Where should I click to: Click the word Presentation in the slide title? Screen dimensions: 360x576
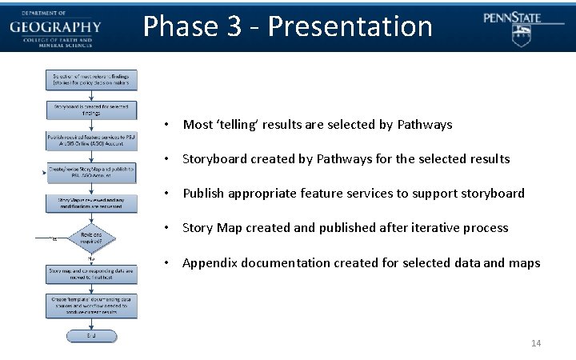click(x=350, y=26)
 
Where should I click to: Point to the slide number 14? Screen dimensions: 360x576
click(x=536, y=343)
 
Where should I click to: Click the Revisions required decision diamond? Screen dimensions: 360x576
click(x=90, y=236)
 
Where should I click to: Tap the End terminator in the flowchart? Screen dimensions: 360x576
click(x=90, y=337)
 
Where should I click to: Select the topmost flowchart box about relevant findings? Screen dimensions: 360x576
click(x=90, y=79)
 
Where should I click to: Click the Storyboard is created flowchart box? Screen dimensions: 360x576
click(x=90, y=110)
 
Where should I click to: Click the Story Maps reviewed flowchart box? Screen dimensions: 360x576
click(x=90, y=202)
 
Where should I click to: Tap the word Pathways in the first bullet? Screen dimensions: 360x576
click(x=426, y=125)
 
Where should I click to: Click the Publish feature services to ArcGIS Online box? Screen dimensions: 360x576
click(x=90, y=141)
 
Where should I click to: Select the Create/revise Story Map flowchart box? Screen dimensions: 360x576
click(x=90, y=172)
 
